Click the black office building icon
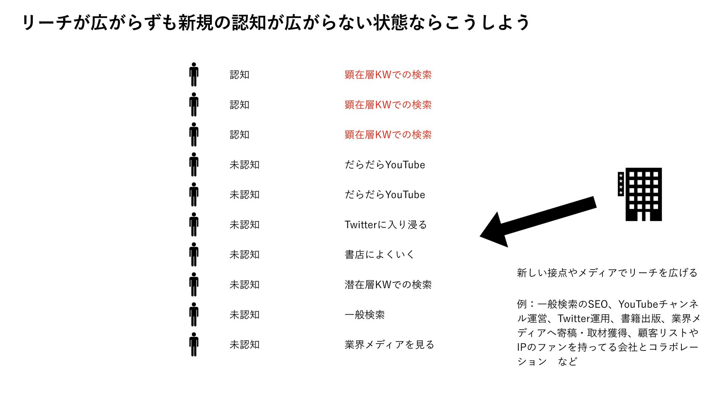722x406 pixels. tap(643, 194)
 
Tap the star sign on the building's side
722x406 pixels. tap(620, 184)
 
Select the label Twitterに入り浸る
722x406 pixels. tap(385, 225)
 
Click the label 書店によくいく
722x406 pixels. tap(379, 255)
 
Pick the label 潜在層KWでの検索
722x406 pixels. tap(388, 285)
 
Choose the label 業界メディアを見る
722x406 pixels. tap(389, 345)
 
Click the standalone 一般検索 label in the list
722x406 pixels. tap(364, 315)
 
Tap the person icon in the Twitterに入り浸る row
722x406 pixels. tap(194, 224)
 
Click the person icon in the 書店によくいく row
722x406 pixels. tap(194, 255)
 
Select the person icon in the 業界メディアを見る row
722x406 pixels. tap(194, 344)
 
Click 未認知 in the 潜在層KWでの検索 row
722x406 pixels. tap(244, 285)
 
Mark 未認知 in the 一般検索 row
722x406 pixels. tap(244, 315)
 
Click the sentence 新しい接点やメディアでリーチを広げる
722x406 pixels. tap(607, 273)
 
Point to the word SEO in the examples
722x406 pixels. tap(598, 304)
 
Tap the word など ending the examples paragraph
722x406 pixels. tap(567, 362)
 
